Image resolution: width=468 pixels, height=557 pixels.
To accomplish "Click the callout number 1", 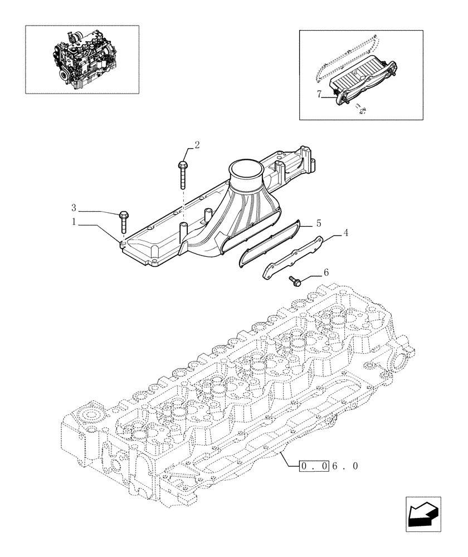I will tap(74, 222).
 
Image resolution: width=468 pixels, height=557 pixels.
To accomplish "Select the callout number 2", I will tap(196, 145).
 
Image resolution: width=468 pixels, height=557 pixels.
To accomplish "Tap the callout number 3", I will tap(74, 208).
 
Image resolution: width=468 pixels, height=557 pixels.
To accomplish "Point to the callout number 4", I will tap(347, 233).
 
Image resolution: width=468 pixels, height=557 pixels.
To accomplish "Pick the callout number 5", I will tap(319, 223).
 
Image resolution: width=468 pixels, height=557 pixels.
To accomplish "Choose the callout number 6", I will tap(326, 272).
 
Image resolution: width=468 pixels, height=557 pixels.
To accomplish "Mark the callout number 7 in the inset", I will tap(320, 95).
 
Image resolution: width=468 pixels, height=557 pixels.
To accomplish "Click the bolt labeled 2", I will tap(183, 174).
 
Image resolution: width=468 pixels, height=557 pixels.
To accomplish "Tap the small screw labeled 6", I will tap(295, 281).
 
